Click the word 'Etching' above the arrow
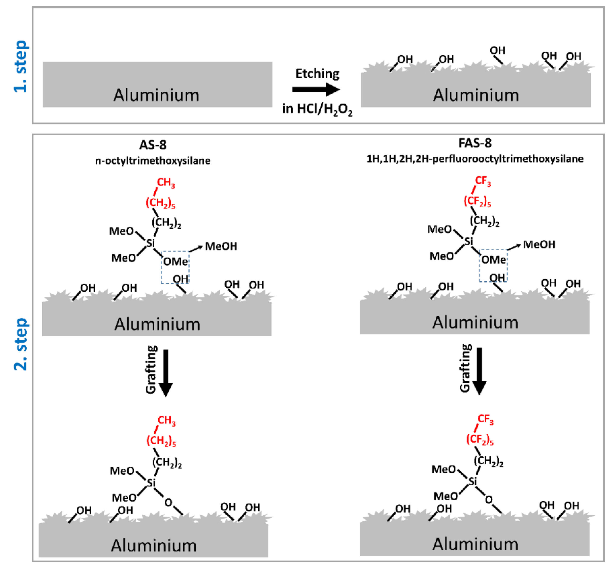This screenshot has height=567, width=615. pyautogui.click(x=317, y=74)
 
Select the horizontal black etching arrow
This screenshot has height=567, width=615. pyautogui.click(x=316, y=89)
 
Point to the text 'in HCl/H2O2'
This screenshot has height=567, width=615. pyautogui.click(x=317, y=109)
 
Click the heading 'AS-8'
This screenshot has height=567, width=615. pyautogui.click(x=153, y=145)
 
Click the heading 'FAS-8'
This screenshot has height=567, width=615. pyautogui.click(x=475, y=143)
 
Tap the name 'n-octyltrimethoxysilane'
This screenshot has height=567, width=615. pyautogui.click(x=153, y=161)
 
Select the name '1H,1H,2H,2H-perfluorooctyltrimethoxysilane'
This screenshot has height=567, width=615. pyautogui.click(x=475, y=159)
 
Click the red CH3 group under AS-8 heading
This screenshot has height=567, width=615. pyautogui.click(x=166, y=183)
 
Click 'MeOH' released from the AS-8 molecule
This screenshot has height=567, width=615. pyautogui.click(x=221, y=246)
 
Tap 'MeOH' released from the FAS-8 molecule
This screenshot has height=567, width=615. pyautogui.click(x=539, y=244)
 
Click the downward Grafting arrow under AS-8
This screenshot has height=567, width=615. pyautogui.click(x=166, y=373)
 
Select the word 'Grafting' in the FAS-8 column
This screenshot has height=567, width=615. pyautogui.click(x=465, y=368)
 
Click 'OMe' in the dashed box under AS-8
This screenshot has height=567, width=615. pyautogui.click(x=175, y=261)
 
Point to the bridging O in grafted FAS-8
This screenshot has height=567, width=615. pyautogui.click(x=489, y=500)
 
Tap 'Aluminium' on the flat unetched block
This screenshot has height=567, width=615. pyautogui.click(x=156, y=95)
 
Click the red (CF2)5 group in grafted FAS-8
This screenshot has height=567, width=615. pyautogui.click(x=480, y=439)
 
